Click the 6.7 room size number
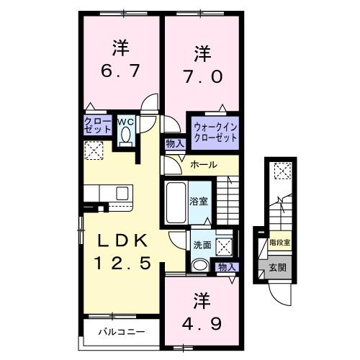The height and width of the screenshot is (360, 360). point(120,72)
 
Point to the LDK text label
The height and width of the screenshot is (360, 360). point(119,240)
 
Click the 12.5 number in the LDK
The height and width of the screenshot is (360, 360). point(120,264)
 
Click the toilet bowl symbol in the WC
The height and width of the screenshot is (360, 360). point(126,135)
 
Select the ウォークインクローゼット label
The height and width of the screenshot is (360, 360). point(214,131)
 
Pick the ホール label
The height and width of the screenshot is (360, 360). point(204,165)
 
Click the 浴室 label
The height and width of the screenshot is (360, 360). point(199,201)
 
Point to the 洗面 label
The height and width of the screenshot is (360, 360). point(202,245)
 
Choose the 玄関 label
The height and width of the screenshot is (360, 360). point(277,268)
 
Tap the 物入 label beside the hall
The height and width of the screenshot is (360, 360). point(175,144)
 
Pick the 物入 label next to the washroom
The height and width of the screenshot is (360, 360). point(227,267)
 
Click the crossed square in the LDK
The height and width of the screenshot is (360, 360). point(94,150)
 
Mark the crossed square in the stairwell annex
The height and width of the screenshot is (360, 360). point(281,171)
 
